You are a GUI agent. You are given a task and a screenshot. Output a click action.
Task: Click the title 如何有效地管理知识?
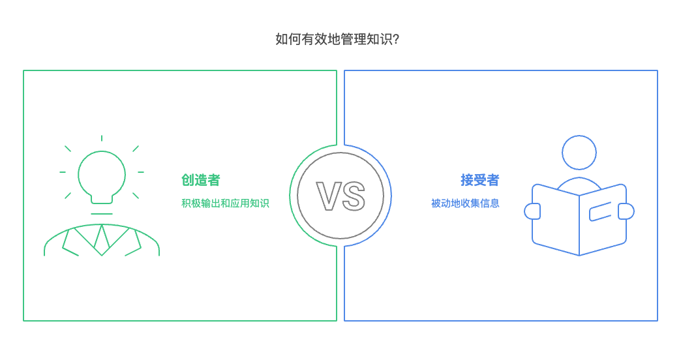coord(337,39)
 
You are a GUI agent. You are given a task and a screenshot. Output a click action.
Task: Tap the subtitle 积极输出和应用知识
coord(225,203)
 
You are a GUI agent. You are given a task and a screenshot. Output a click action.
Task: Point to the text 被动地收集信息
coord(465,203)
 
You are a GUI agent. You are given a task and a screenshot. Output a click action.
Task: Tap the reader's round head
coord(579,153)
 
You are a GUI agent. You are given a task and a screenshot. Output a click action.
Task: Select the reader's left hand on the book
coord(533,211)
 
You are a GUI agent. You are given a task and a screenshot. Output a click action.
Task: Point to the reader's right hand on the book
coord(626,211)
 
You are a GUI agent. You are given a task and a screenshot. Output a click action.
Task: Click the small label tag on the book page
coord(600,211)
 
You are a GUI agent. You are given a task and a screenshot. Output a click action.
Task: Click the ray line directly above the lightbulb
coord(102,138)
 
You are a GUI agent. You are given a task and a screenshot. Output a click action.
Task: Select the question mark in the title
coord(397,39)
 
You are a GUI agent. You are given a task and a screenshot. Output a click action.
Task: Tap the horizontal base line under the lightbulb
coord(102,214)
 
